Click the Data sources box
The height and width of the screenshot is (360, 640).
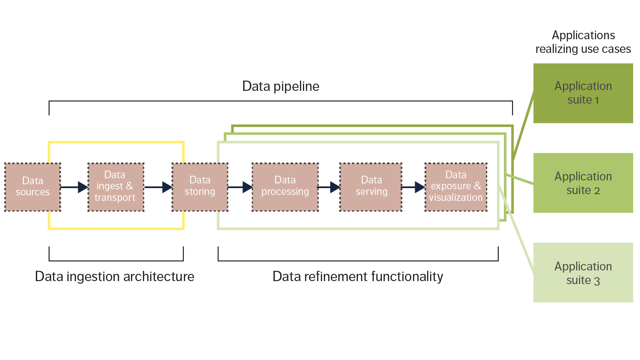coord(33,187)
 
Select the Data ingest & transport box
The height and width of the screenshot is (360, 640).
coord(115,187)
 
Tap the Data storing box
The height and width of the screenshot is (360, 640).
coord(200,187)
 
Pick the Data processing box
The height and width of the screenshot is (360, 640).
coord(285,187)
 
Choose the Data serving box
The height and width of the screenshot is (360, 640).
coord(371,187)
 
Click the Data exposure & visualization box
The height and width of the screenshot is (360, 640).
coord(456,187)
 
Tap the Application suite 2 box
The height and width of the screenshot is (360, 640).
coord(583,183)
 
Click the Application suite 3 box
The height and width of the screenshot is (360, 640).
coord(583,273)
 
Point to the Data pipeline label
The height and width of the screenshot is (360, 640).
coord(280,86)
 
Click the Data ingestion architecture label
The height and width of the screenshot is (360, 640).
coord(114,276)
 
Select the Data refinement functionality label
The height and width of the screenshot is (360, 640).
coord(358,276)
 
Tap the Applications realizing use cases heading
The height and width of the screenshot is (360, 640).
coord(583,42)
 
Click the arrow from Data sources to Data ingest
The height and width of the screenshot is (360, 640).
coord(74,187)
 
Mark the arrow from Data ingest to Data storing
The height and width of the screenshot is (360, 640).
coord(158,187)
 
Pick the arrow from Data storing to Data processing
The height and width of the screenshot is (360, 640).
coord(240,187)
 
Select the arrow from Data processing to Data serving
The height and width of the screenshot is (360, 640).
coord(329,187)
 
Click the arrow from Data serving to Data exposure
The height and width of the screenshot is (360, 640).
coord(413,187)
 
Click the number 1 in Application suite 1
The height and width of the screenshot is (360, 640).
coord(597,100)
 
